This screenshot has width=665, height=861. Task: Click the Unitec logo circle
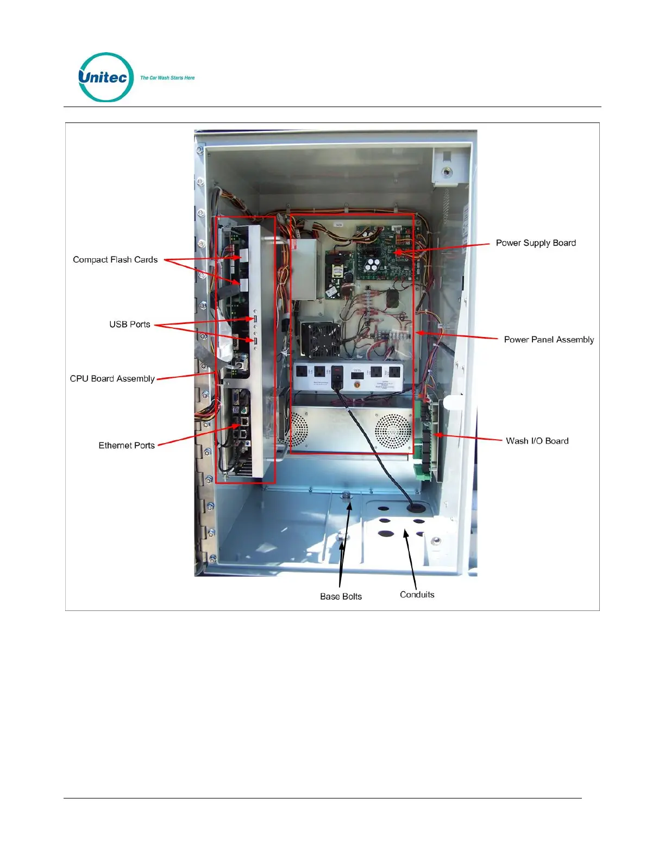106,77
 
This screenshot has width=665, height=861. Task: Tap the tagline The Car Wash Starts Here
167,78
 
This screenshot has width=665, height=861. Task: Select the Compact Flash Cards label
115,260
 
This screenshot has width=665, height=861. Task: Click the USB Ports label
130,325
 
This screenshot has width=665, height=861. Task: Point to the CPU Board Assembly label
112,379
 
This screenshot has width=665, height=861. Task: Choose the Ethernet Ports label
127,446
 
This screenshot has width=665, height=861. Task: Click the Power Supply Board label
536,243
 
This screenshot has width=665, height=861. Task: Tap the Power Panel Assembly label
549,340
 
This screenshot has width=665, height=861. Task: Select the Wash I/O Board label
537,441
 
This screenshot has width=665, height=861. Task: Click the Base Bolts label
341,596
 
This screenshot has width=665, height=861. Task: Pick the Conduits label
417,595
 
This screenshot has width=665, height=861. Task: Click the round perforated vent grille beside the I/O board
393,430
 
